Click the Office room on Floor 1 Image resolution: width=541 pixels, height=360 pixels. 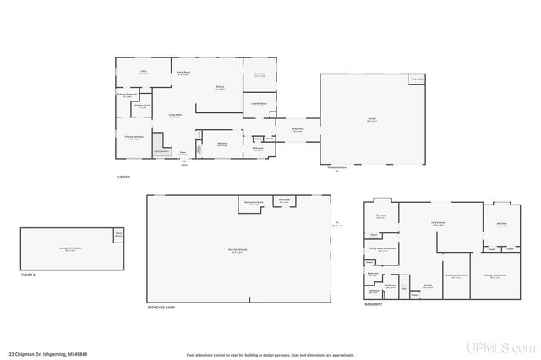pyautogui.click(x=144, y=74)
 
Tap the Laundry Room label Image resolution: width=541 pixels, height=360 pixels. pyautogui.click(x=260, y=105)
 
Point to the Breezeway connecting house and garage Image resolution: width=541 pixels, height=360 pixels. pyautogui.click(x=298, y=129)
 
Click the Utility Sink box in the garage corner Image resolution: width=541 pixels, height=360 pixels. pyautogui.click(x=417, y=79)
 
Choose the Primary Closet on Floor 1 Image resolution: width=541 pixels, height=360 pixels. pyautogui.click(x=143, y=106)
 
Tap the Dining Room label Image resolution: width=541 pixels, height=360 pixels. pyautogui.click(x=182, y=73)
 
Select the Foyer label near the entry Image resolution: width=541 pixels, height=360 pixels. pyautogui.click(x=182, y=153)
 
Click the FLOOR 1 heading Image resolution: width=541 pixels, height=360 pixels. pyautogui.click(x=124, y=176)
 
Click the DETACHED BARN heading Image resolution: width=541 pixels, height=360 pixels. pyautogui.click(x=160, y=308)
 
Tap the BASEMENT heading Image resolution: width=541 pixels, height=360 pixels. pyautogui.click(x=374, y=304)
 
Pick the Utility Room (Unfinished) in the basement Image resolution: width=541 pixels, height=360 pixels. pyautogui.click(x=382, y=249)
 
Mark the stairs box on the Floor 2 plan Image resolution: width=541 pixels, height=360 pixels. pyautogui.click(x=118, y=234)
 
